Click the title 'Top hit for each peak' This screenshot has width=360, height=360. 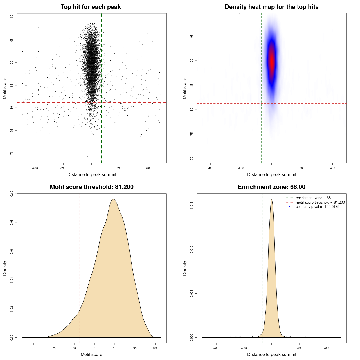tap(91, 7)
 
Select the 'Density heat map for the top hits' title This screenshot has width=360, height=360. tap(271, 7)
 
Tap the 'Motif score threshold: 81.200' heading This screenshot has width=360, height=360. tap(91, 187)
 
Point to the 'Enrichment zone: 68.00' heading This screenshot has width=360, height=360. tap(271, 187)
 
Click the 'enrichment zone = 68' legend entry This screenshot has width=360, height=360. tap(313, 198)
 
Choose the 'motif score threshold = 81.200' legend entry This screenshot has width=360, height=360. tap(320, 202)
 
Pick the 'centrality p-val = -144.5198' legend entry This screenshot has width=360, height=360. tap(318, 207)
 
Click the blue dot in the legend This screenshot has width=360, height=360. tap(289, 207)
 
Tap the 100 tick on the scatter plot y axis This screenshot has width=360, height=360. tap(12, 17)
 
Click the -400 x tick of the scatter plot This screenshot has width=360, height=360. tap(35, 168)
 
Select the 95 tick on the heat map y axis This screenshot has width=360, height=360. tap(192, 36)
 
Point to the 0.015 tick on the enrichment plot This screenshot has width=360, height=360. tap(192, 205)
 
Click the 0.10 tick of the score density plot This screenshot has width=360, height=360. tap(12, 193)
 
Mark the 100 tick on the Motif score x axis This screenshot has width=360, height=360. tap(155, 348)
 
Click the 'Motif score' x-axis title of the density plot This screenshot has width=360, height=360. tap(91, 354)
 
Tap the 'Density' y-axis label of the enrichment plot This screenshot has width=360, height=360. tap(185, 268)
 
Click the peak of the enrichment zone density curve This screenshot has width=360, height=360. tap(271, 199)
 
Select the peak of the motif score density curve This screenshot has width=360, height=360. tap(113, 199)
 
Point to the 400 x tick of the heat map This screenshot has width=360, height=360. tap(332, 168)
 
